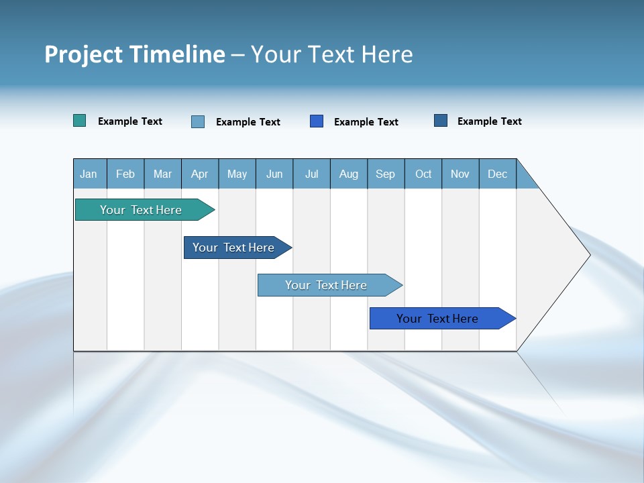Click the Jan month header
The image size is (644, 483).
click(89, 174)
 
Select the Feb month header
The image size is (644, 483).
click(125, 174)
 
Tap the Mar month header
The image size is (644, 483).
click(162, 174)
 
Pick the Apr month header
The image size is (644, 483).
click(199, 174)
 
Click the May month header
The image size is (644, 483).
click(237, 174)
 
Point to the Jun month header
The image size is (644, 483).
click(274, 174)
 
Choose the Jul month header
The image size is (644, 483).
click(311, 174)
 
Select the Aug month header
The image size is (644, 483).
click(349, 174)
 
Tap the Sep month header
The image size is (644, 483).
click(386, 174)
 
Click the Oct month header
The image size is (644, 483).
click(423, 174)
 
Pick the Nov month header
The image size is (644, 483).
click(460, 174)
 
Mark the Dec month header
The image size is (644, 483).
click(498, 174)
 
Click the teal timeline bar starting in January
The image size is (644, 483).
click(141, 210)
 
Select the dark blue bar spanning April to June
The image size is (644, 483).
click(233, 248)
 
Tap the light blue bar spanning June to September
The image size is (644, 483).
click(326, 285)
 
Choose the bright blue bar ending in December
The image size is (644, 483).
click(437, 319)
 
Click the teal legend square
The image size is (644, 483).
click(80, 121)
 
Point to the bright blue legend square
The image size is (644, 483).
click(317, 121)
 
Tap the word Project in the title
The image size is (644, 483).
click(84, 54)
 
